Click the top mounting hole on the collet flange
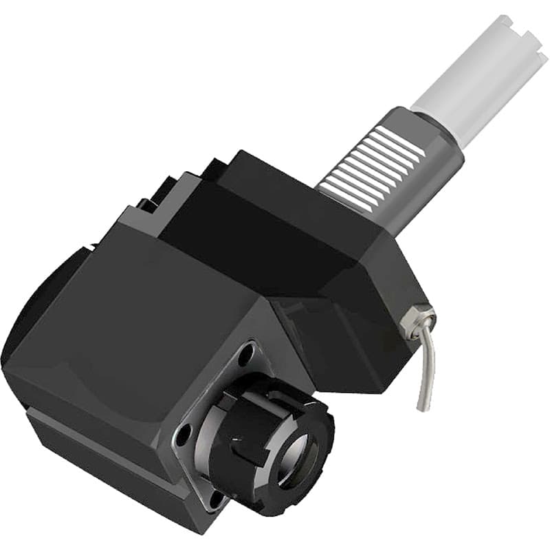(245, 358)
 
